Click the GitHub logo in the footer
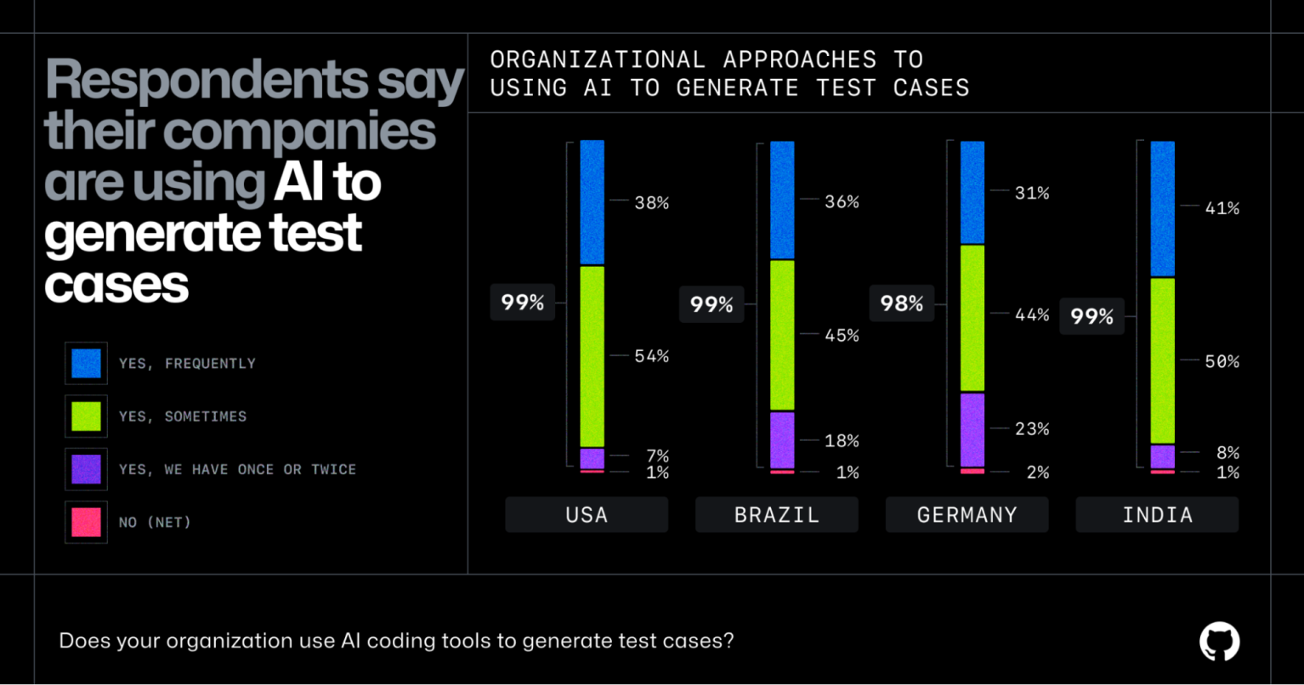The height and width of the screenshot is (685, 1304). click(1219, 642)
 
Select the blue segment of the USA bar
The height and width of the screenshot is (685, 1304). click(592, 202)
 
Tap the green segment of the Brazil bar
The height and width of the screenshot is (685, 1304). click(782, 335)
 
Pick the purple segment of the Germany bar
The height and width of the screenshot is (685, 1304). click(972, 429)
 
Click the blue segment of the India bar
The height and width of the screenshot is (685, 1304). click(1162, 208)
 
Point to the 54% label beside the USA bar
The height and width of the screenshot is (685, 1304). click(651, 356)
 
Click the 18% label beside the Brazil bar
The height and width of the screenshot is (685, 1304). click(842, 441)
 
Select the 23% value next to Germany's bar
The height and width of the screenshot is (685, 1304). click(1032, 429)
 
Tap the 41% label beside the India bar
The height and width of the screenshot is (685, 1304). click(1222, 208)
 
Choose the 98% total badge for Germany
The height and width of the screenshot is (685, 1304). click(901, 303)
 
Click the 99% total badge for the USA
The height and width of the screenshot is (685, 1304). click(522, 302)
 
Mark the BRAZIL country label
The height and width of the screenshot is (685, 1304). click(776, 515)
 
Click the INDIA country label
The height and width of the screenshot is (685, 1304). click(1157, 515)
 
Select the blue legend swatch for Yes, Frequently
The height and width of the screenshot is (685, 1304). click(86, 363)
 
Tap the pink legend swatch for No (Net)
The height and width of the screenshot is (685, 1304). click(86, 522)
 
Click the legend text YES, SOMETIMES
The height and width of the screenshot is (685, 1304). click(183, 416)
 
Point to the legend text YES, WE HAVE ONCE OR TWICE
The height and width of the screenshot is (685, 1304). click(237, 469)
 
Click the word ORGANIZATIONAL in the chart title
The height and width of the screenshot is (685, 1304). click(598, 59)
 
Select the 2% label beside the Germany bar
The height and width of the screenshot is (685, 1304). click(1037, 473)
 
